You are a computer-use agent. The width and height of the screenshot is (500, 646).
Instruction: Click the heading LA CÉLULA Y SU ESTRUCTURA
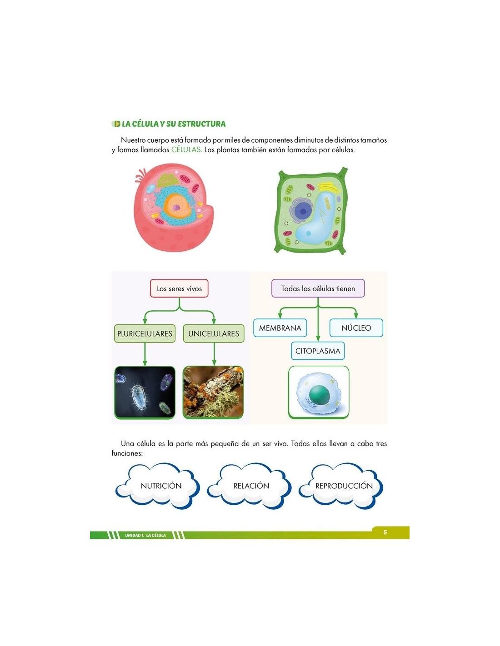pos(173,124)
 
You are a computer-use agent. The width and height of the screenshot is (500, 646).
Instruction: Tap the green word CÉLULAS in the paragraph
pos(186,150)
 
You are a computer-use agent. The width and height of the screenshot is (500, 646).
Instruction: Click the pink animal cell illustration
pos(173,209)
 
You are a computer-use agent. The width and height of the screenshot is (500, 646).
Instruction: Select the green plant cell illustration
pos(312,211)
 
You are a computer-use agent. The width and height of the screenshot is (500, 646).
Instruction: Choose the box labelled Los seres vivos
pos(179,288)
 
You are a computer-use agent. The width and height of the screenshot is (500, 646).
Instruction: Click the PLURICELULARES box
pos(145,333)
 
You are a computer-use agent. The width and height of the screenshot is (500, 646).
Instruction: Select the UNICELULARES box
pos(214,333)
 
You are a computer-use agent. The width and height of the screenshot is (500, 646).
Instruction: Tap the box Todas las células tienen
pos(318,288)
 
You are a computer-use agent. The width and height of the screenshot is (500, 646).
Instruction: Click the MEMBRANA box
pos(280,328)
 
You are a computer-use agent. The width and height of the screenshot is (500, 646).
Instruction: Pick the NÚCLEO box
pos(356,328)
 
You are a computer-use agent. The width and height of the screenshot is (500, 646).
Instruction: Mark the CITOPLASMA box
pos(318,351)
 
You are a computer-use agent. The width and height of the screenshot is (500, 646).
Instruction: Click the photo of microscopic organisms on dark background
pos(145,393)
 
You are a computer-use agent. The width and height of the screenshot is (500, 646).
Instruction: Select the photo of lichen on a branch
pos(213,393)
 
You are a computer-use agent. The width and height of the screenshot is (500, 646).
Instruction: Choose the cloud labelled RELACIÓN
pos(251,486)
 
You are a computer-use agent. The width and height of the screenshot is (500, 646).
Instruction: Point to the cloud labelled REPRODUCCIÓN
pos(344,486)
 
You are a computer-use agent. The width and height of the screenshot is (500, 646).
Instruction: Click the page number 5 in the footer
pos(385,532)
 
